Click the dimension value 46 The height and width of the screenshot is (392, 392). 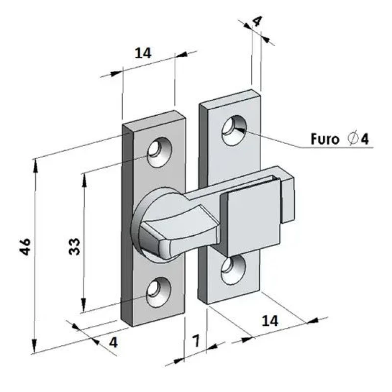(x=25, y=246)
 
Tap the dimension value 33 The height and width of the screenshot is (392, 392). (x=74, y=246)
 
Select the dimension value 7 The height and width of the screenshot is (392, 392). (x=196, y=341)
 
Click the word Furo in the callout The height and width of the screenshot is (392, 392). (x=325, y=139)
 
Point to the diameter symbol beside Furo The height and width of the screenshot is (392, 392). (x=353, y=139)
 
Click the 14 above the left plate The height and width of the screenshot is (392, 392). (x=143, y=53)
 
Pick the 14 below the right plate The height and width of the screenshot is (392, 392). (x=270, y=321)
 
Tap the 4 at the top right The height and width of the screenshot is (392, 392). (x=257, y=21)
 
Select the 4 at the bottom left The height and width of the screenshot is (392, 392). (x=114, y=342)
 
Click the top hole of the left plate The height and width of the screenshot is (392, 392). (x=159, y=152)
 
